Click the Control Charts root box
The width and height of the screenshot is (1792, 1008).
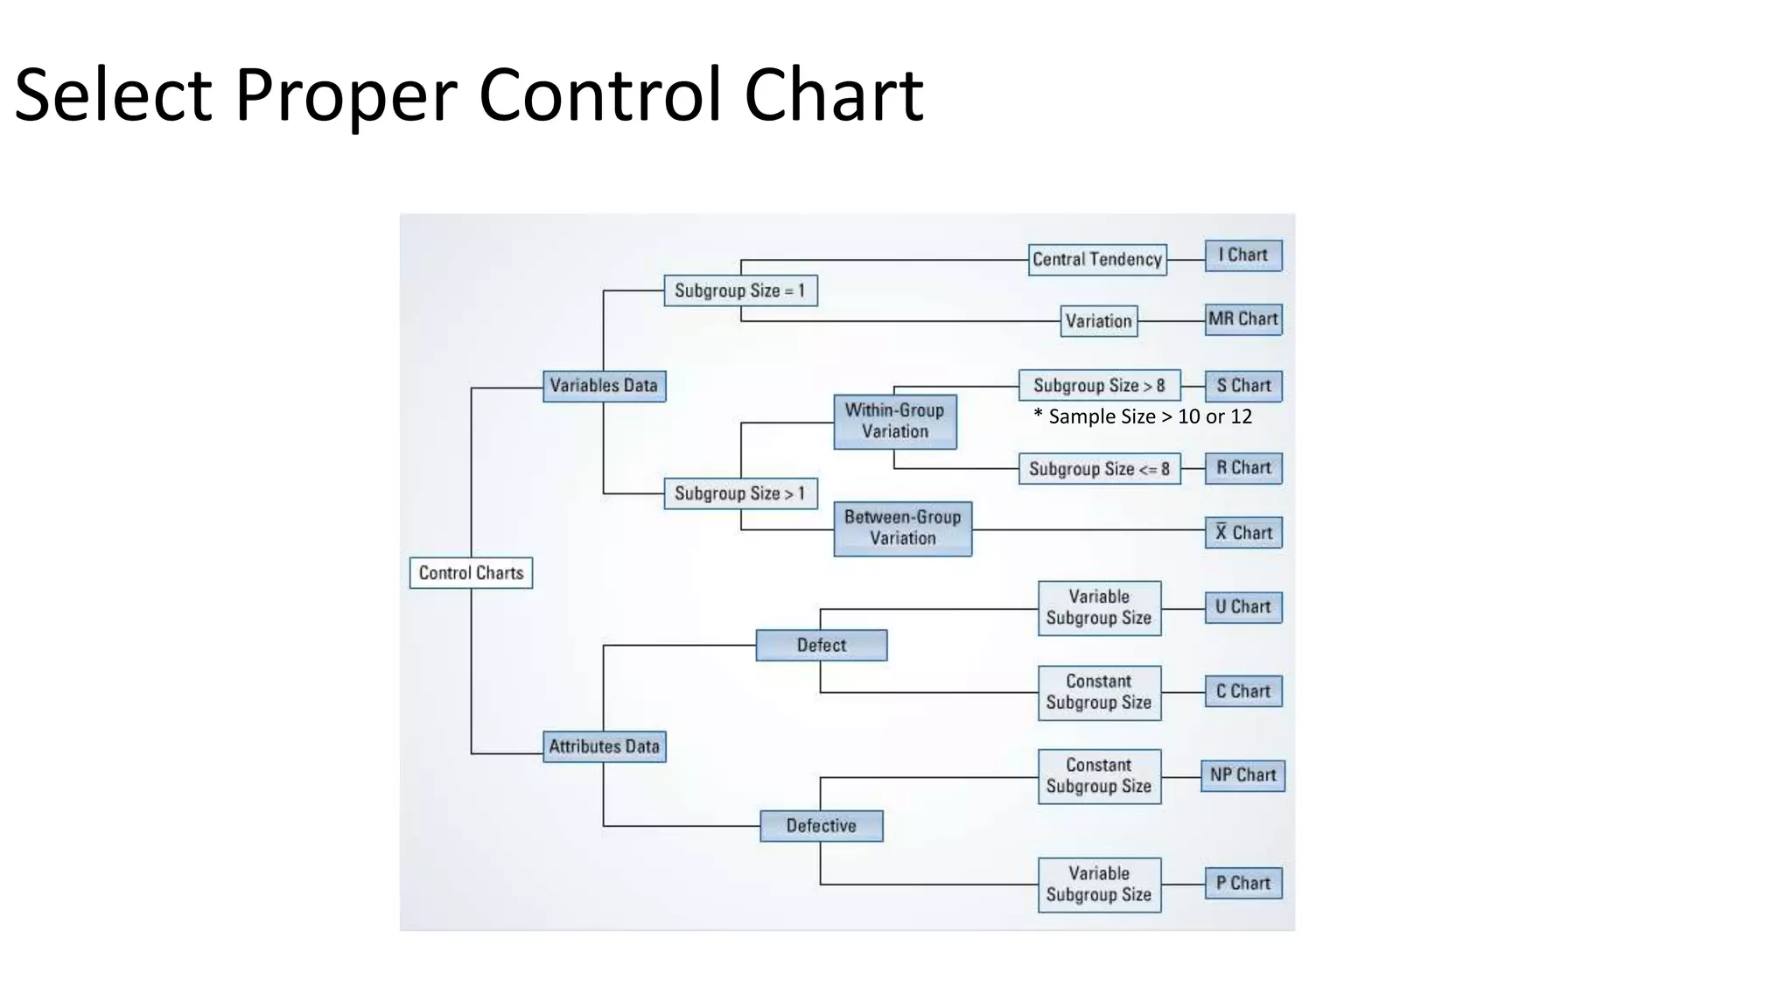(x=471, y=573)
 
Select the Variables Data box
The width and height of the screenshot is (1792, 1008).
(x=604, y=386)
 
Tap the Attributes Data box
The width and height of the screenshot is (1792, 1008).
(x=604, y=746)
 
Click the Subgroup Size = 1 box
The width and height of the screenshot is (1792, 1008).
(x=740, y=290)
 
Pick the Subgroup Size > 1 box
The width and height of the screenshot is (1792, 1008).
(x=740, y=493)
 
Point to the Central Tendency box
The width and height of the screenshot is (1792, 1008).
(x=1097, y=259)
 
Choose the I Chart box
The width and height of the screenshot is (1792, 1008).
(x=1243, y=255)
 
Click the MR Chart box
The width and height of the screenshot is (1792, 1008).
(x=1243, y=319)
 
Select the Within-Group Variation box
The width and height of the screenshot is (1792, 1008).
(x=894, y=421)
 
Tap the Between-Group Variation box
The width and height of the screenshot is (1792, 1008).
(x=902, y=528)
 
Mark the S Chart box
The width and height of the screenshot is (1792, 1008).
(x=1243, y=386)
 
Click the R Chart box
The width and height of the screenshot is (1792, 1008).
(x=1243, y=468)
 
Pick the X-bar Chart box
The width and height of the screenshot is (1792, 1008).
(x=1243, y=533)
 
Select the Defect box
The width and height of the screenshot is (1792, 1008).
(x=821, y=645)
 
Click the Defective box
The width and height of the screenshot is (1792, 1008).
(x=821, y=825)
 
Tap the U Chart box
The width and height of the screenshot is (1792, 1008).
(x=1243, y=607)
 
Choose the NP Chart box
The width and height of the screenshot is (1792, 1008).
(x=1243, y=775)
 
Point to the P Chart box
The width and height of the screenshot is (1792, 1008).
(x=1243, y=883)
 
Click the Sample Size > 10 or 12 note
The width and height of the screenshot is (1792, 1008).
(x=1143, y=416)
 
